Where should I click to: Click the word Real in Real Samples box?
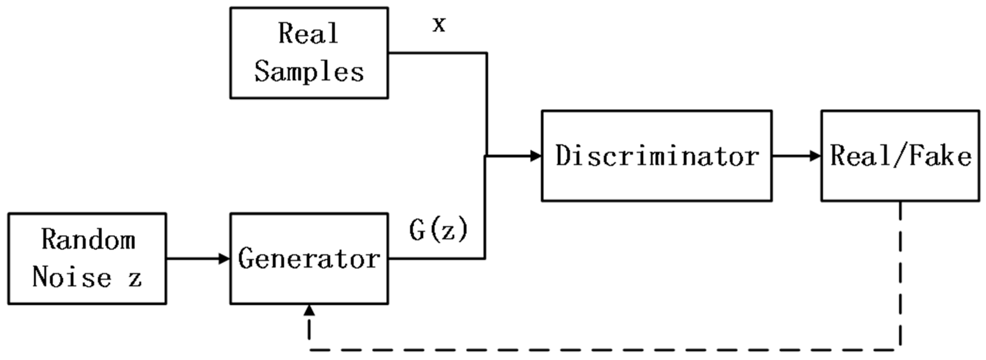click(308, 33)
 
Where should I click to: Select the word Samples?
click(309, 72)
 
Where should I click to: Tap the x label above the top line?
click(439, 25)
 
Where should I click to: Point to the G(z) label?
click(439, 231)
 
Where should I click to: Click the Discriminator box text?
click(657, 156)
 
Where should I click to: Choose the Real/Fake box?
click(900, 156)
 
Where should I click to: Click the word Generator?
click(309, 259)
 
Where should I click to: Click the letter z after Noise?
click(135, 279)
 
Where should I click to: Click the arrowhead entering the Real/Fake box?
click(816, 156)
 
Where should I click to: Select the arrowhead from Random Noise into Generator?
click(224, 259)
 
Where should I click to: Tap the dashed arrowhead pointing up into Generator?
click(309, 311)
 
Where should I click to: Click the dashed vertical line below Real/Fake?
click(900, 276)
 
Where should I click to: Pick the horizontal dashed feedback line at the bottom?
click(605, 350)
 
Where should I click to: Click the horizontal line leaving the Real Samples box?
click(437, 53)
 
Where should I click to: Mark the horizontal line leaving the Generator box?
click(437, 259)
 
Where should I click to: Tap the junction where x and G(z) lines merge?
click(486, 156)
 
